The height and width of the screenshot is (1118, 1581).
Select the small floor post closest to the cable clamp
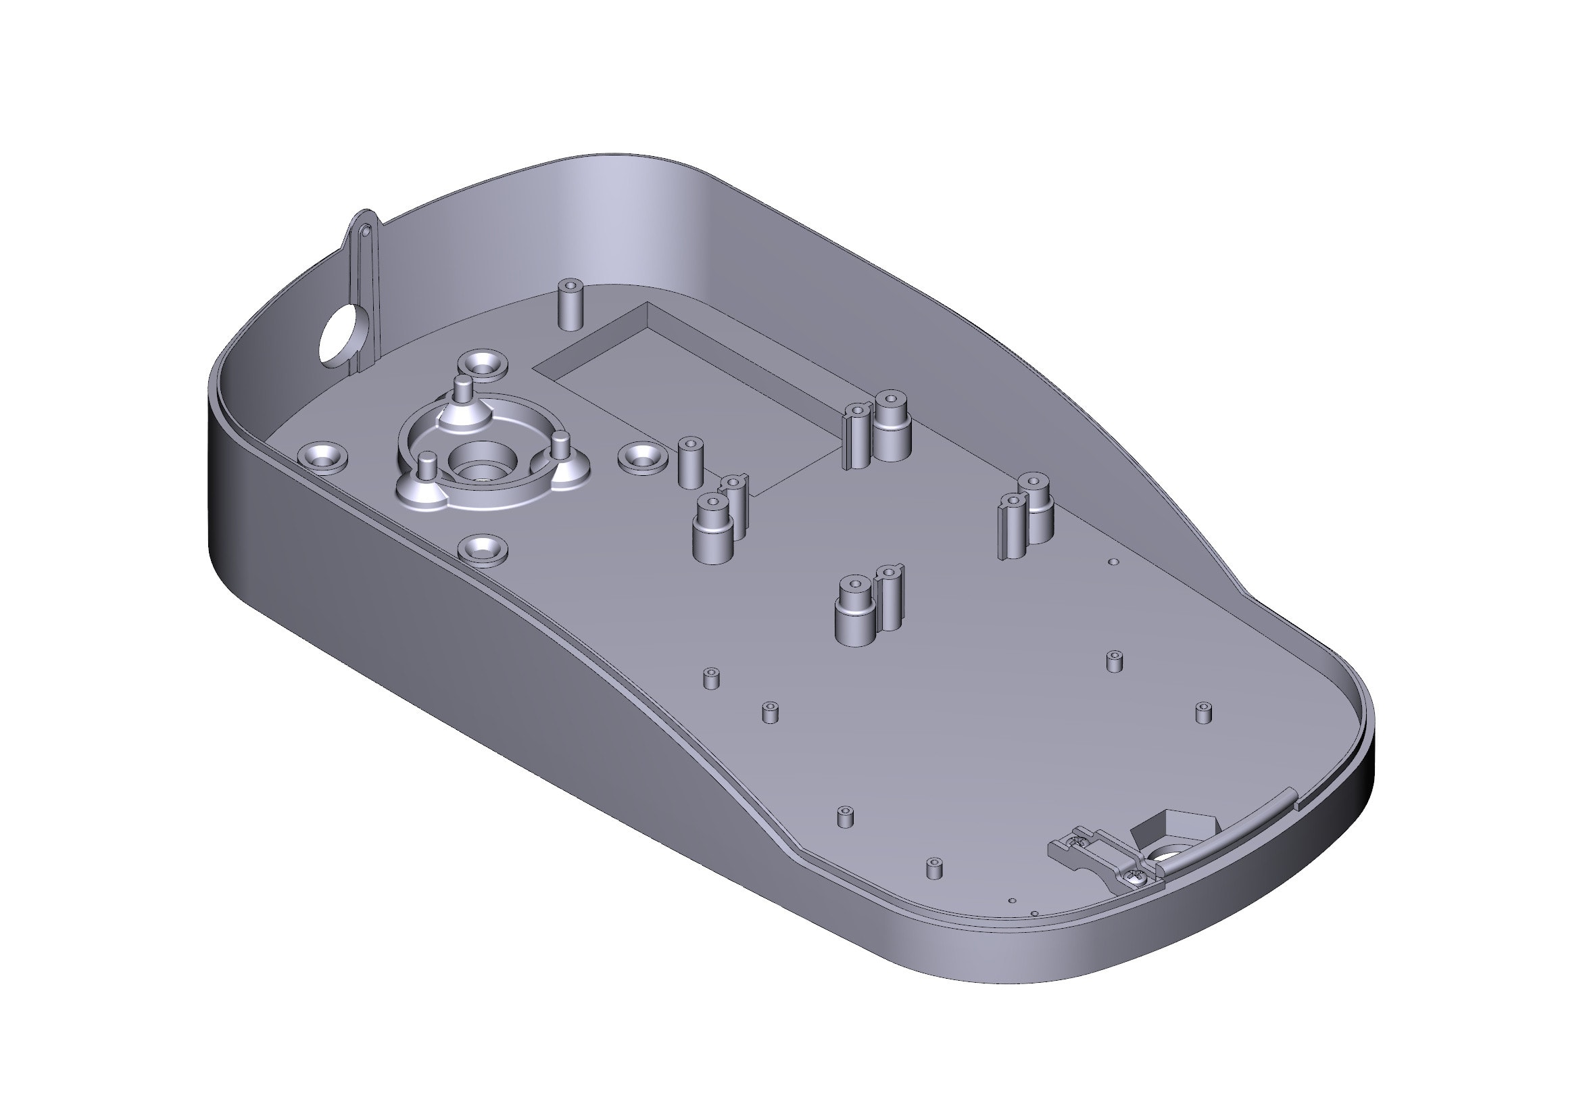tap(934, 868)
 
